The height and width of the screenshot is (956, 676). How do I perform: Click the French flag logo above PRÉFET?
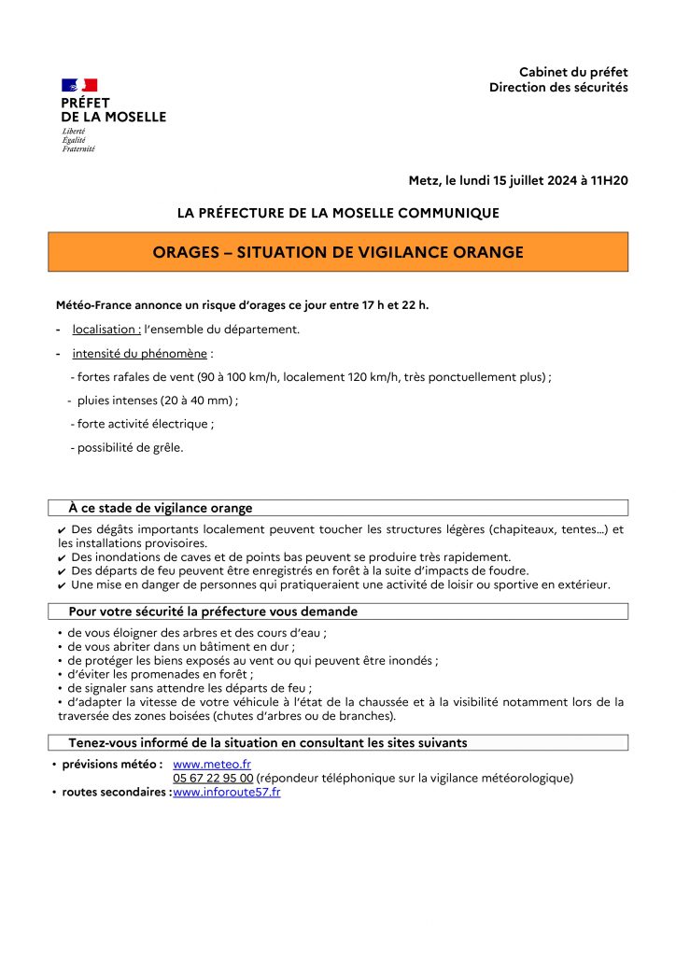pyautogui.click(x=79, y=85)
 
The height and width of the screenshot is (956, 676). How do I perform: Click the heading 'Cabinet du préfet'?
pyautogui.click(x=573, y=72)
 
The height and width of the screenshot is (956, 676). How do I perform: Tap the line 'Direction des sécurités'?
pyautogui.click(x=558, y=88)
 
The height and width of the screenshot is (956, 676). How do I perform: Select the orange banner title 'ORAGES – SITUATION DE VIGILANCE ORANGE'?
pyautogui.click(x=338, y=252)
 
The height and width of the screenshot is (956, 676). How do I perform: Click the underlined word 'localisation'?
pyautogui.click(x=106, y=330)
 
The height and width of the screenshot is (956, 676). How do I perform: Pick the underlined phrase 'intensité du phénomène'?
pyautogui.click(x=139, y=354)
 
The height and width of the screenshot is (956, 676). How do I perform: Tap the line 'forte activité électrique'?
pyautogui.click(x=142, y=424)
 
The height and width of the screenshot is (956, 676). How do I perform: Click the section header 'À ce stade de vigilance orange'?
pyautogui.click(x=160, y=508)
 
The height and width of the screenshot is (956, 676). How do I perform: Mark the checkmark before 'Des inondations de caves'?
pyautogui.click(x=62, y=557)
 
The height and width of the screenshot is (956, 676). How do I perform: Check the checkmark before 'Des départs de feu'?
pyautogui.click(x=62, y=571)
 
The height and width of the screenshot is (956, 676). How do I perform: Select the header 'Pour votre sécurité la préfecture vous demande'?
pyautogui.click(x=213, y=612)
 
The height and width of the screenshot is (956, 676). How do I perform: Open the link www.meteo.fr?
pyautogui.click(x=199, y=764)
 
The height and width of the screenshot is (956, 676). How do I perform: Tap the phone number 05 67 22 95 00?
pyautogui.click(x=213, y=778)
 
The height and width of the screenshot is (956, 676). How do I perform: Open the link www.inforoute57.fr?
pyautogui.click(x=227, y=792)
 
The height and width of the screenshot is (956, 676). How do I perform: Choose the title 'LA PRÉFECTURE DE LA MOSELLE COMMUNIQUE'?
pyautogui.click(x=338, y=213)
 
